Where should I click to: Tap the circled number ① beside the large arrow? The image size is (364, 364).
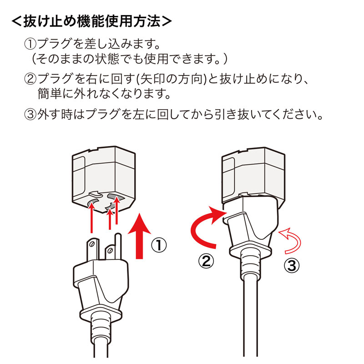[x=158, y=246]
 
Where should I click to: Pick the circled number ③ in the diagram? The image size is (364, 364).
[x=292, y=265]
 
